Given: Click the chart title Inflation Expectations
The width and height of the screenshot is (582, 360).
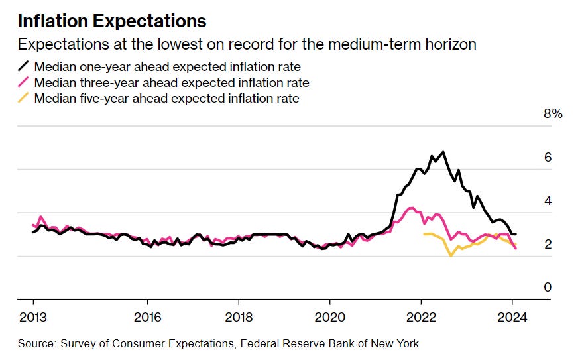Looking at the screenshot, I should pyautogui.click(x=112, y=21).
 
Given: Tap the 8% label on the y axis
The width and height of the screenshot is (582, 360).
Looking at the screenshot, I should pyautogui.click(x=553, y=114).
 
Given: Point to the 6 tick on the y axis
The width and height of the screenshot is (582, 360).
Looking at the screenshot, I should pyautogui.click(x=548, y=158).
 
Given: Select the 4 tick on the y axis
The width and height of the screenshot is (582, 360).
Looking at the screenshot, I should pyautogui.click(x=548, y=201).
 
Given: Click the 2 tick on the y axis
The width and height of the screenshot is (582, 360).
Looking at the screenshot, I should pyautogui.click(x=548, y=245).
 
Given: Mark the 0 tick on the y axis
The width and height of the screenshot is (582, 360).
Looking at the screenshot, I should pyautogui.click(x=548, y=288).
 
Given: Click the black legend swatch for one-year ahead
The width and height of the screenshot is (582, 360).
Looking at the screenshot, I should pyautogui.click(x=23, y=67).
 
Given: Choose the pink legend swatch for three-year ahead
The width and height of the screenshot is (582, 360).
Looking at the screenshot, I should pyautogui.click(x=23, y=83).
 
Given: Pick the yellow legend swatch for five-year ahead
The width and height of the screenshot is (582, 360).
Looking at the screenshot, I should pyautogui.click(x=23, y=99).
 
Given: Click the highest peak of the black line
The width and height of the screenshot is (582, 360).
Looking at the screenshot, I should pyautogui.click(x=442, y=152).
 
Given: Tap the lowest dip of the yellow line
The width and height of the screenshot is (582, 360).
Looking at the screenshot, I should pyautogui.click(x=451, y=255).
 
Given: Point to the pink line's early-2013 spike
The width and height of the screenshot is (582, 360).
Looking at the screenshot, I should pyautogui.click(x=41, y=217).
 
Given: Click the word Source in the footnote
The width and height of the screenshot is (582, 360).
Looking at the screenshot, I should pyautogui.click(x=35, y=343).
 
